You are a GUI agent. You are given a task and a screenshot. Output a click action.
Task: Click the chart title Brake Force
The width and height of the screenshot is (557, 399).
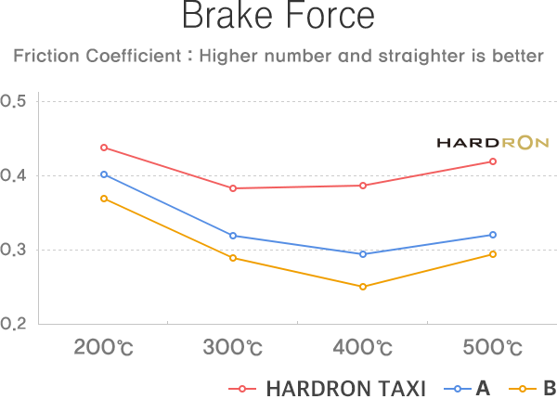pyautogui.click(x=278, y=17)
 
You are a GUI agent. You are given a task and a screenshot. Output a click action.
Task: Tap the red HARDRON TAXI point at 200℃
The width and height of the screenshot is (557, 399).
pyautogui.click(x=104, y=148)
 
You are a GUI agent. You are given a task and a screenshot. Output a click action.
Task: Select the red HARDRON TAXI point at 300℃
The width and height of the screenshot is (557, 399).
pyautogui.click(x=233, y=188)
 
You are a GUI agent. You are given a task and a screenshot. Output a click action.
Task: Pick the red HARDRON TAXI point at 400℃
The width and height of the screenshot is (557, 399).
pyautogui.click(x=363, y=186)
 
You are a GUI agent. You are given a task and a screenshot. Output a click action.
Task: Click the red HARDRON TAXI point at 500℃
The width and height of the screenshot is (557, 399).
pyautogui.click(x=493, y=161)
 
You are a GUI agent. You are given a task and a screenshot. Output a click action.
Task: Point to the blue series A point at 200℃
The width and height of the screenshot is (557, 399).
pyautogui.click(x=104, y=174)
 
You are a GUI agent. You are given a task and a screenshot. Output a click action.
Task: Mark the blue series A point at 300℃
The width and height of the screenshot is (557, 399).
pyautogui.click(x=233, y=236)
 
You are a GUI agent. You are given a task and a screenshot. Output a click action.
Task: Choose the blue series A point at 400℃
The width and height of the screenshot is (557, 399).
pyautogui.click(x=363, y=254)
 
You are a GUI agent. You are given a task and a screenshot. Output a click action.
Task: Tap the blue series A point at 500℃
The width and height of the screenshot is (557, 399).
pyautogui.click(x=493, y=235)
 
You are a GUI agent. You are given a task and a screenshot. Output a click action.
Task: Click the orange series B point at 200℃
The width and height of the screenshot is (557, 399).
pyautogui.click(x=104, y=199)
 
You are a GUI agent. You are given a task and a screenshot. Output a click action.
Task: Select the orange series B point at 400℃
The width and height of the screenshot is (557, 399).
pyautogui.click(x=363, y=287)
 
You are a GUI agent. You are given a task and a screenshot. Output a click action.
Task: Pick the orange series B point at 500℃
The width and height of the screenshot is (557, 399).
pyautogui.click(x=493, y=254)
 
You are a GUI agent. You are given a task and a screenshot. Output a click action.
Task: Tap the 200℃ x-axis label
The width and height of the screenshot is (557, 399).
pyautogui.click(x=104, y=349)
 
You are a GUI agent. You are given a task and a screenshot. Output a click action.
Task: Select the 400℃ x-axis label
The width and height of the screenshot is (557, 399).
pyautogui.click(x=363, y=349)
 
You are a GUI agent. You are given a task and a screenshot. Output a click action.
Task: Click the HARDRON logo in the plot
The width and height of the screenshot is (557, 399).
pyautogui.click(x=493, y=143)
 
